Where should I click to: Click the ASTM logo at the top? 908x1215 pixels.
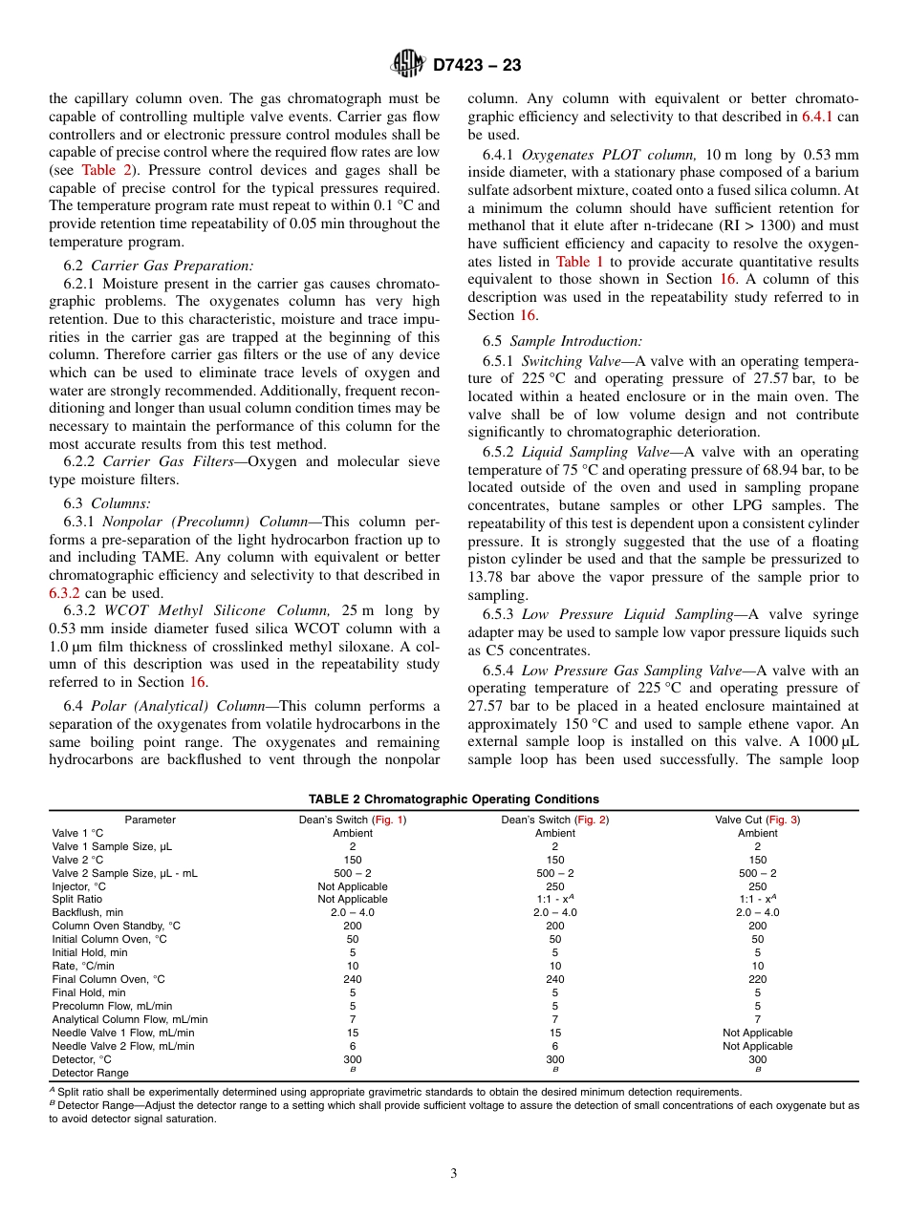click(x=408, y=65)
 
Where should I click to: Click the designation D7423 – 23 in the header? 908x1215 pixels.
click(x=477, y=66)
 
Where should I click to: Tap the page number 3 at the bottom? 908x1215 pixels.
click(x=454, y=1173)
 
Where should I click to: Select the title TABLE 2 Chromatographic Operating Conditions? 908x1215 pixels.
click(x=453, y=799)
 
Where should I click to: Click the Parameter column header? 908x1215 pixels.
click(x=150, y=820)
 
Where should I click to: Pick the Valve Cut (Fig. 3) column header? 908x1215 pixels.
click(x=757, y=820)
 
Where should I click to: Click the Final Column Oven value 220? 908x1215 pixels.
click(x=757, y=979)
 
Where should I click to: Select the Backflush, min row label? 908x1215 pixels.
click(x=88, y=912)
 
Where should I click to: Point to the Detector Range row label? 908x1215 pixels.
click(x=90, y=1073)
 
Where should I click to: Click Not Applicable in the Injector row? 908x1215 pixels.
click(x=353, y=886)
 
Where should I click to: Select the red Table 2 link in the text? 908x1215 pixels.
click(x=98, y=170)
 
